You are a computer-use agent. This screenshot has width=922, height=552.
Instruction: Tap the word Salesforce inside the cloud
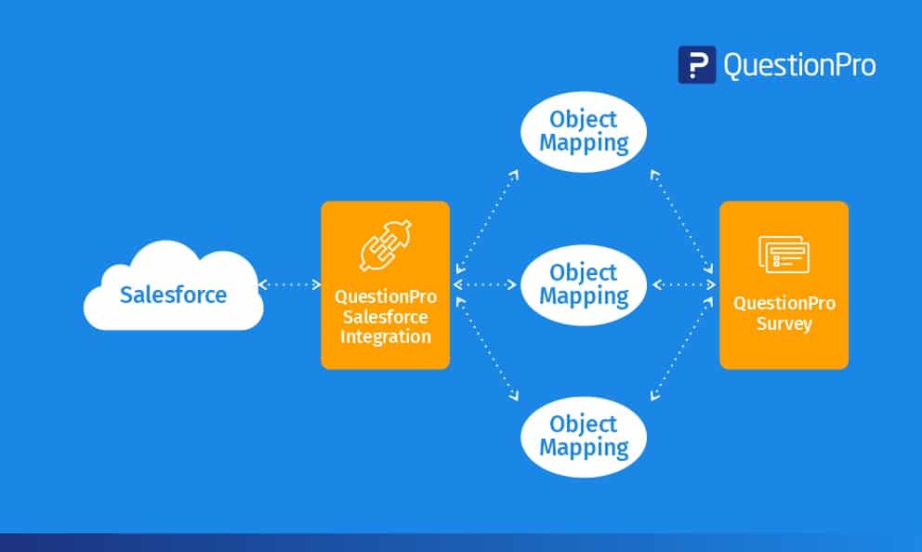click(173, 296)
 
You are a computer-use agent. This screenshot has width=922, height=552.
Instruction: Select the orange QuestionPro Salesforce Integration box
click(385, 285)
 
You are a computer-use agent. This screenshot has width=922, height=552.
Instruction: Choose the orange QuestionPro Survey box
click(784, 285)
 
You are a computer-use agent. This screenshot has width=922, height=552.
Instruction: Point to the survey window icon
click(784, 254)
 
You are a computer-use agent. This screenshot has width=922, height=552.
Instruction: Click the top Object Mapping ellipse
click(584, 132)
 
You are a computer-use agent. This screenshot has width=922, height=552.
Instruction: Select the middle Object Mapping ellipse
click(584, 284)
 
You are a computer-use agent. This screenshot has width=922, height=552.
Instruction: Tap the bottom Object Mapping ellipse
click(584, 436)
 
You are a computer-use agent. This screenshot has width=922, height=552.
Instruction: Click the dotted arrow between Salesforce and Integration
click(289, 284)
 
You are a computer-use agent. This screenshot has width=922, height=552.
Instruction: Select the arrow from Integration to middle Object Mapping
click(485, 284)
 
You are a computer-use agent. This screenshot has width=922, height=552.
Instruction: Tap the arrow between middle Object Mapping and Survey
click(684, 284)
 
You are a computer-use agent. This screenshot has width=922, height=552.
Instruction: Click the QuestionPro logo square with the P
click(696, 65)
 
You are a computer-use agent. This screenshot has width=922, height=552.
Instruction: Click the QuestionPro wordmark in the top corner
click(798, 65)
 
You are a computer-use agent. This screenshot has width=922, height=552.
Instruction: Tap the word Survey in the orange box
click(784, 324)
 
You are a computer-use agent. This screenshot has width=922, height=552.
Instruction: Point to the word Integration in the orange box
click(385, 336)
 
